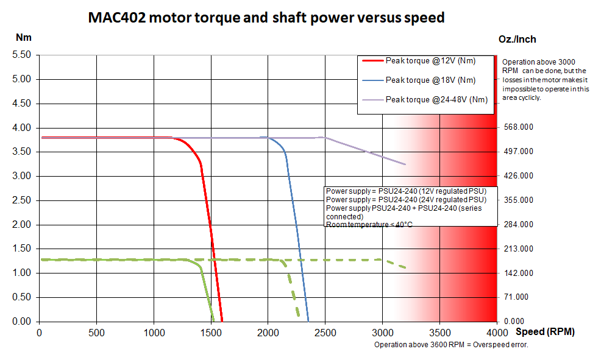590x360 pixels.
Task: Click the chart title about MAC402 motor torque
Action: coord(266,18)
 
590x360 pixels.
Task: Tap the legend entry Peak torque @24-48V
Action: coord(437,99)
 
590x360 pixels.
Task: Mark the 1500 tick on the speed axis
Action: coord(211,333)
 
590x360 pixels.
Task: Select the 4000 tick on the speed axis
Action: coord(497,333)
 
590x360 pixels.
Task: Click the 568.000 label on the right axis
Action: coord(518,127)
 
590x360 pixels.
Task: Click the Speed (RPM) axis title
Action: coord(544,333)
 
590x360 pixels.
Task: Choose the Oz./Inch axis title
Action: coord(517,39)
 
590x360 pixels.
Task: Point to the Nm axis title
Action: coord(23,37)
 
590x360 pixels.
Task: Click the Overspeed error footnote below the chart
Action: coord(450,345)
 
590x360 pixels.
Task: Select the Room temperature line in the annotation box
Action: coord(369,225)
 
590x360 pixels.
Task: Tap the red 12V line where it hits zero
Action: coord(222,321)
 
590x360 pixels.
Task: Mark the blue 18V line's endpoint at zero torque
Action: coord(308,321)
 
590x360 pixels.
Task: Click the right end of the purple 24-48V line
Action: coord(405,164)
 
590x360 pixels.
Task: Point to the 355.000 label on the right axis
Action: coord(518,200)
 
